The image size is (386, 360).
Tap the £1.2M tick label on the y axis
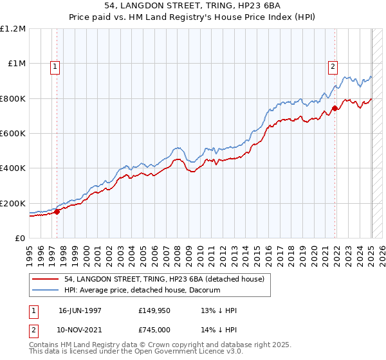tap(12, 29)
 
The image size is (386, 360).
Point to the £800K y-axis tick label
tap(12, 98)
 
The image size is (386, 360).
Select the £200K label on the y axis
tap(12, 203)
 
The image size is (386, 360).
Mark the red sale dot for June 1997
tap(57, 212)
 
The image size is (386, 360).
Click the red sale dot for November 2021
tap(335, 108)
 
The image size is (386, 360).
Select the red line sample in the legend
tap(46, 279)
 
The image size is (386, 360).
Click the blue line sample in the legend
tap(46, 290)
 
